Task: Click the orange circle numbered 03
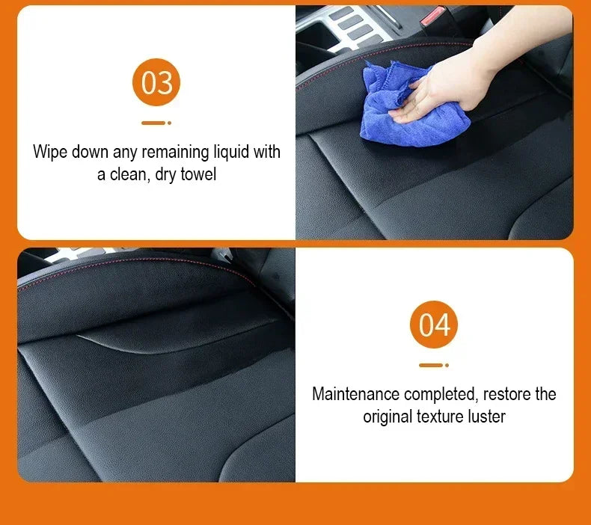pyautogui.click(x=157, y=82)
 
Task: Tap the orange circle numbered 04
pyautogui.click(x=434, y=325)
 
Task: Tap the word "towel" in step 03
pyautogui.click(x=198, y=176)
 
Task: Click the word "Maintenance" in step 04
pyautogui.click(x=356, y=393)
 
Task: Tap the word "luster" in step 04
pyautogui.click(x=486, y=417)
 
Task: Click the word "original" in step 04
pyautogui.click(x=388, y=417)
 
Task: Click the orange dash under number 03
pyautogui.click(x=153, y=123)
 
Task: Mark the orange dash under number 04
pyautogui.click(x=430, y=366)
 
